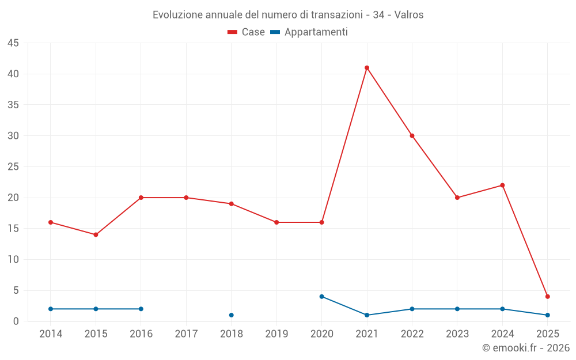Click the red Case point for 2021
(x=367, y=68)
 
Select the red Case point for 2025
(x=548, y=297)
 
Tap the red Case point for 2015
(x=96, y=235)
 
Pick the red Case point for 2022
(x=412, y=136)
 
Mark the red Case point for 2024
(x=502, y=185)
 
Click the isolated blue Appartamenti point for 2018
(x=232, y=315)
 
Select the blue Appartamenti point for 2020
(x=322, y=297)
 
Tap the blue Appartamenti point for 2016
(x=141, y=309)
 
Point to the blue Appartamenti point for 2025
(x=548, y=315)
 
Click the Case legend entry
(x=246, y=32)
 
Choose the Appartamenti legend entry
(x=309, y=32)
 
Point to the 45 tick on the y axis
(x=13, y=43)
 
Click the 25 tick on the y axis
(x=13, y=167)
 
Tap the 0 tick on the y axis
(x=16, y=321)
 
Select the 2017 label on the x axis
(x=186, y=334)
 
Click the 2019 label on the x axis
(x=276, y=334)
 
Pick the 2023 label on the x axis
(x=457, y=334)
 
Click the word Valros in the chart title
(x=409, y=15)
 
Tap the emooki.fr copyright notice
(x=526, y=348)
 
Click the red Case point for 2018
(x=232, y=204)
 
